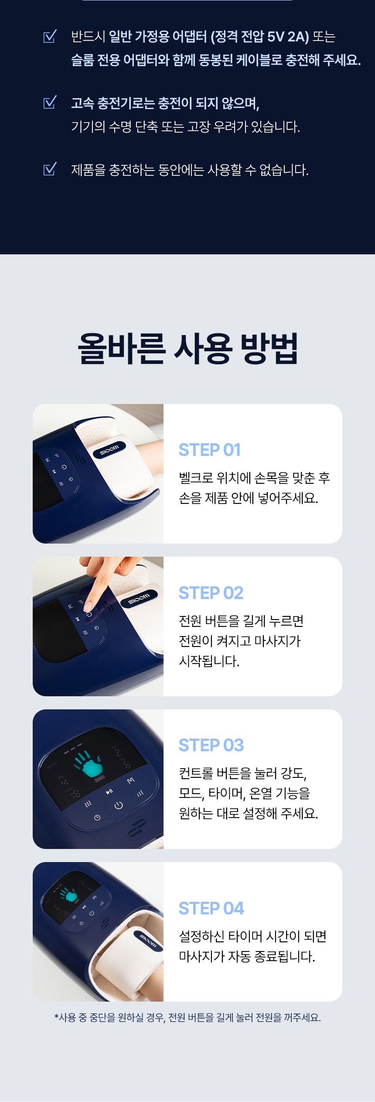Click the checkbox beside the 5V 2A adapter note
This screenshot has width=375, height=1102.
click(x=50, y=36)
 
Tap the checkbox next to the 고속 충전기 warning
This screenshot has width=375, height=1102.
click(x=50, y=103)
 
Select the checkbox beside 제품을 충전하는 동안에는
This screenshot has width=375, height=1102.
click(x=50, y=169)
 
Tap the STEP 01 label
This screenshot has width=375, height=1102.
click(x=210, y=450)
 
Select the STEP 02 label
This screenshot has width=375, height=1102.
click(x=211, y=593)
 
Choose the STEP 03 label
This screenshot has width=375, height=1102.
click(x=211, y=745)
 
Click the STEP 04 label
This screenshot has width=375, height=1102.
click(x=211, y=908)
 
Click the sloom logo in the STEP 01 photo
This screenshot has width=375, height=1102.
click(x=109, y=449)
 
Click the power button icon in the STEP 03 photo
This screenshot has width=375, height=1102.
click(x=119, y=805)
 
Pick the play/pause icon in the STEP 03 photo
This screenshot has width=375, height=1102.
click(x=109, y=791)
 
